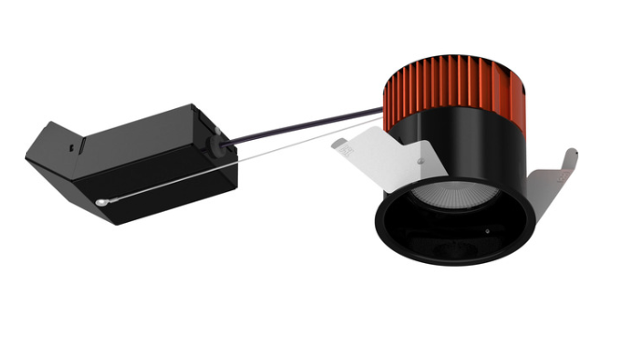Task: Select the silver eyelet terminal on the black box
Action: [101, 201]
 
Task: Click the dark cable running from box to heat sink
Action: [308, 124]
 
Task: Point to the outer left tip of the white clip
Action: [334, 147]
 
